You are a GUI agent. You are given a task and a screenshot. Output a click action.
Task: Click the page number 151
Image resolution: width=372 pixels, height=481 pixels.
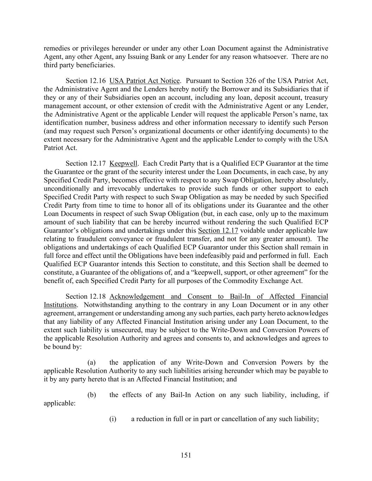186,455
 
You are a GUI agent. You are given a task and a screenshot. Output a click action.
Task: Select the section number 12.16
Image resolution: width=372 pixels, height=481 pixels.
97,81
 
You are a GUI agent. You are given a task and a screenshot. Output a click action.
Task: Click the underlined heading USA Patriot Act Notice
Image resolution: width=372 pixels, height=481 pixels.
145,81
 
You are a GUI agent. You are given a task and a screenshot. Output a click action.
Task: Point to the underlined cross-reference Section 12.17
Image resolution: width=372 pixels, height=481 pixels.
218,231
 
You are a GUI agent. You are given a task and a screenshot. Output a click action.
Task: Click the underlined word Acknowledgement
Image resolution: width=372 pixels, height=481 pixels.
137,297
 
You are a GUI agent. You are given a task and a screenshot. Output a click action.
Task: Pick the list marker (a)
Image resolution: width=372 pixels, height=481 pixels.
92,363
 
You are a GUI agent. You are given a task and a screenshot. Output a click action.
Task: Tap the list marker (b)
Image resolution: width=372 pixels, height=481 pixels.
92,395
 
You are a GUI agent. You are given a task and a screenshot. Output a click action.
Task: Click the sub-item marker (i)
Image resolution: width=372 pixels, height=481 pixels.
113,419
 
